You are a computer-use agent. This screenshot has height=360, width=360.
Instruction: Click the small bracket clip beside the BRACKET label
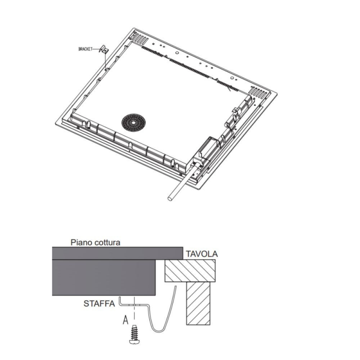click(103, 50)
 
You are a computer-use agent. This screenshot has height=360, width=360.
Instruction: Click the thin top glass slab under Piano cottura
click(117, 253)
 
